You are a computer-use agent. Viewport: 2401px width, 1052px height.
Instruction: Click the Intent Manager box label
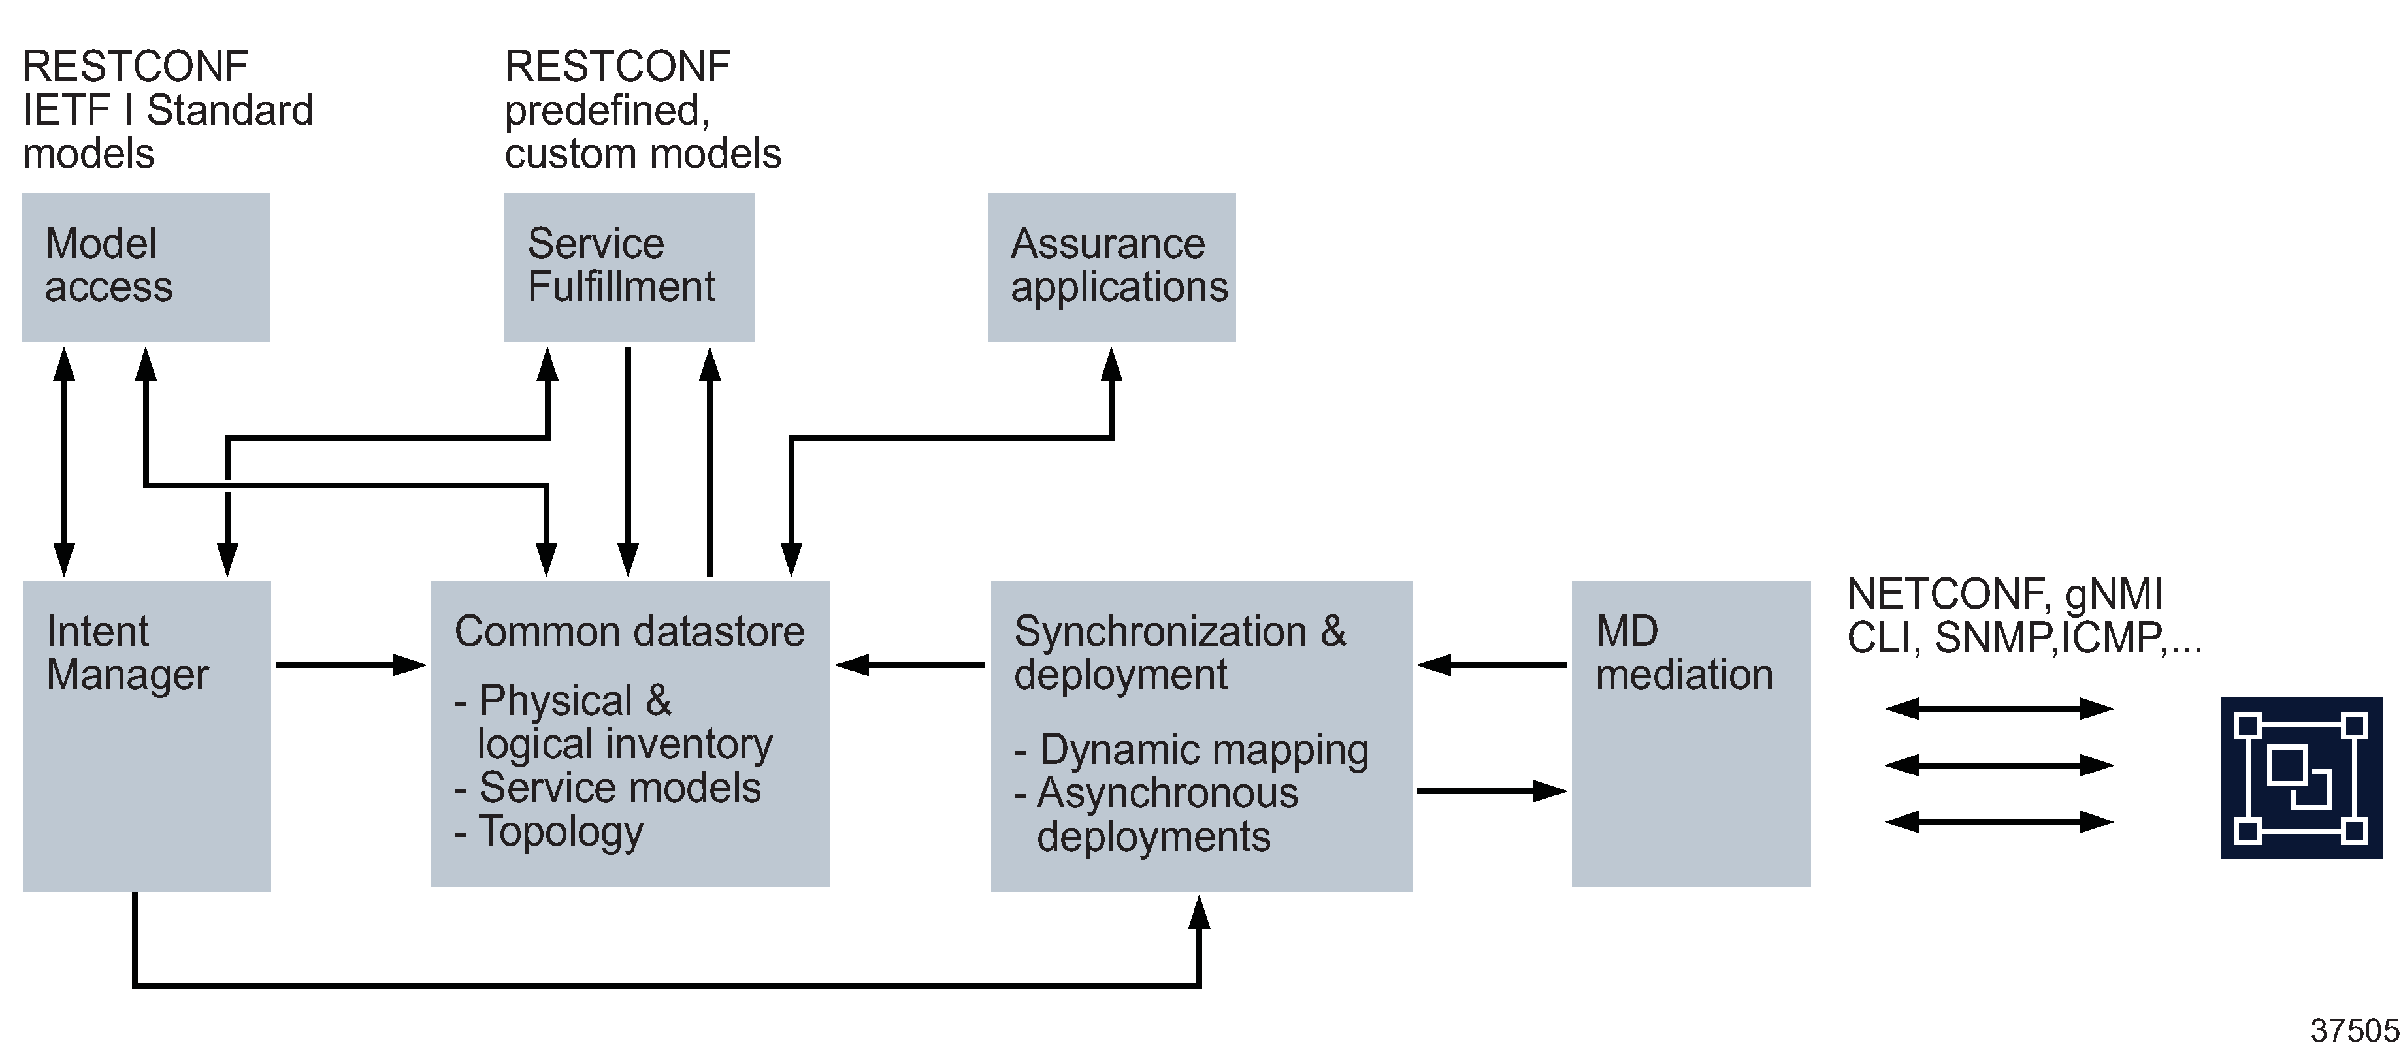point(127,653)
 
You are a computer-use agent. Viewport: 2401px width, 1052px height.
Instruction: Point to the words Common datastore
point(629,631)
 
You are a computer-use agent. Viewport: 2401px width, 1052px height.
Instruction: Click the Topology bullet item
point(559,831)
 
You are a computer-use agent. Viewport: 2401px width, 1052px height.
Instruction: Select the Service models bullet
point(619,788)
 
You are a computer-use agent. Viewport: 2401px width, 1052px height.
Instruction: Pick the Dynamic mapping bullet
point(1202,750)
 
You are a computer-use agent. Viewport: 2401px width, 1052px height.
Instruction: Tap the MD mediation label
point(1683,653)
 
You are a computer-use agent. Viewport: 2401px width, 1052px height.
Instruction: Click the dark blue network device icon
point(2301,778)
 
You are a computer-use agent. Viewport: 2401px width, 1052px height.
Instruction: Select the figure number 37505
point(2353,1030)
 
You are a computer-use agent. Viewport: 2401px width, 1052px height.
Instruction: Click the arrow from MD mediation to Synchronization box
point(1492,665)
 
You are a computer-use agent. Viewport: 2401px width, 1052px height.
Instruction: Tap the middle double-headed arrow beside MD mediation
point(1999,766)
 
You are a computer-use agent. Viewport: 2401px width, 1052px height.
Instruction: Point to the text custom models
point(642,153)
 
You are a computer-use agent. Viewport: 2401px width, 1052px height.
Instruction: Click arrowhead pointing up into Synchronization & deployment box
point(1200,913)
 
